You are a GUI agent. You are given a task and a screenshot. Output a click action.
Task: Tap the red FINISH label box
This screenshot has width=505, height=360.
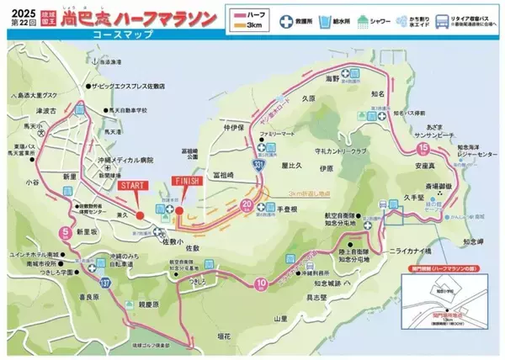[183, 180]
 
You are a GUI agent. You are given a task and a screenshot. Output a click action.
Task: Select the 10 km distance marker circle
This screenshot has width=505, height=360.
[262, 283]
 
